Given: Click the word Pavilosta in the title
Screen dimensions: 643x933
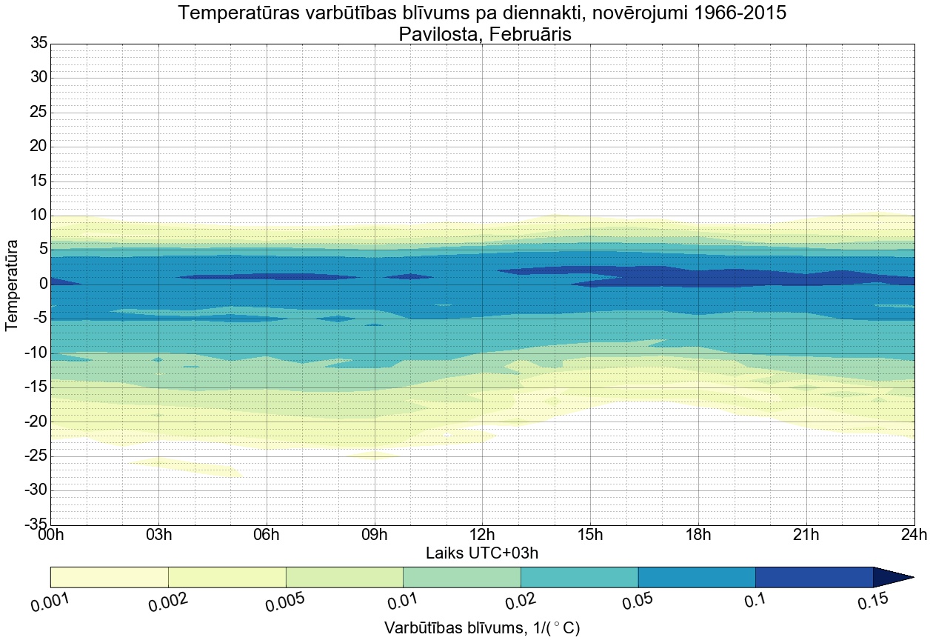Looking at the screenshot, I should (437, 34).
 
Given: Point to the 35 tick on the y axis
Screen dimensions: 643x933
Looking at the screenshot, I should (39, 44).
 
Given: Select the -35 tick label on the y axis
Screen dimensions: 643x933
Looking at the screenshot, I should (35, 525).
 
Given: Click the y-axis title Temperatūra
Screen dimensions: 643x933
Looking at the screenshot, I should (13, 284).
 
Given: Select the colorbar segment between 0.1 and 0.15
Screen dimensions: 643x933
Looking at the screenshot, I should (814, 577).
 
